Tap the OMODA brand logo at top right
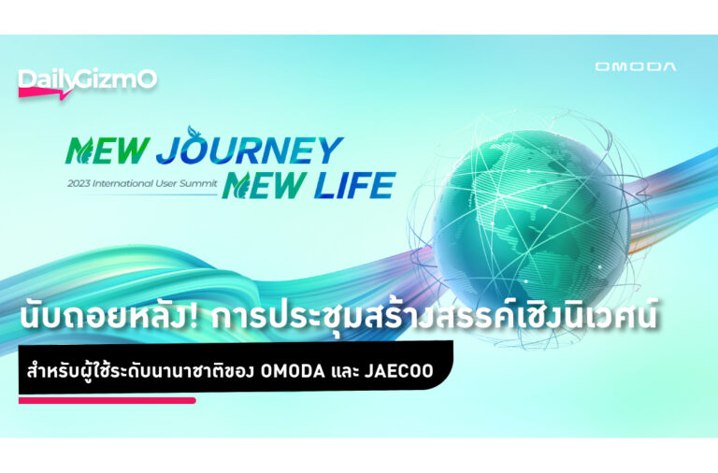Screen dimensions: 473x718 [635, 67]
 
